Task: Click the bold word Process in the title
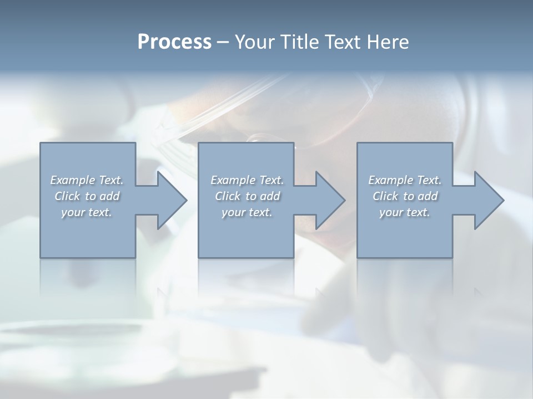tap(174, 42)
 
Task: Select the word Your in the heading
tap(254, 42)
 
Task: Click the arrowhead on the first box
tap(170, 200)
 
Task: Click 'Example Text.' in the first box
tap(87, 180)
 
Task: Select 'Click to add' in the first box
tap(87, 196)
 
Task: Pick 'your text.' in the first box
tap(87, 212)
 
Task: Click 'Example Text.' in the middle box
tap(247, 180)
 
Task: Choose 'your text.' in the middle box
tap(247, 212)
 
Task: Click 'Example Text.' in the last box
tap(405, 180)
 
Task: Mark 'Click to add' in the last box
tap(405, 196)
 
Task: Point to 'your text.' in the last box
tap(405, 212)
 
